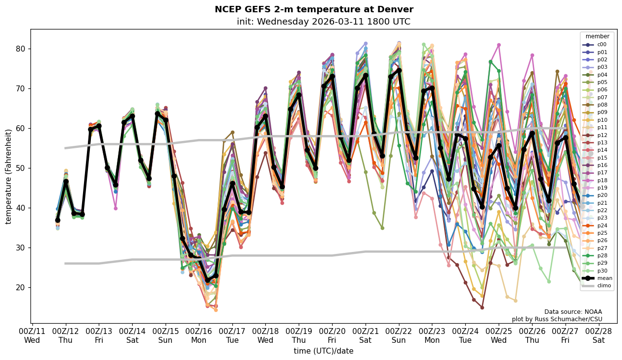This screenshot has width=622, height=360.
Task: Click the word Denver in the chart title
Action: tap(395, 9)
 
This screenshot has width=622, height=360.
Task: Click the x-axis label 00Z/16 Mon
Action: tap(199, 336)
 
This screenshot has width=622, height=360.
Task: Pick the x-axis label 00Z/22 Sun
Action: tap(398, 336)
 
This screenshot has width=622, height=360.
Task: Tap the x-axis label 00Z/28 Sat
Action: tap(598, 336)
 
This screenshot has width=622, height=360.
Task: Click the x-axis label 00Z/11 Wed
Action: tap(32, 336)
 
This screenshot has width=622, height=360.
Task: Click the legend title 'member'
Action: tap(597, 36)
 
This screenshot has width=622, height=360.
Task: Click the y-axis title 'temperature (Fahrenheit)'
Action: tap(9, 176)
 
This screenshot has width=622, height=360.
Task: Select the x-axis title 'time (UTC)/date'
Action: tap(323, 351)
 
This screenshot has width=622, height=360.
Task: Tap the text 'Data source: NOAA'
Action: tap(573, 312)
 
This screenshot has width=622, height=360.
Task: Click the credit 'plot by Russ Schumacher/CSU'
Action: tap(557, 319)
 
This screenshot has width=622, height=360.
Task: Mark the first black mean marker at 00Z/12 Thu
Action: tap(66, 182)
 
